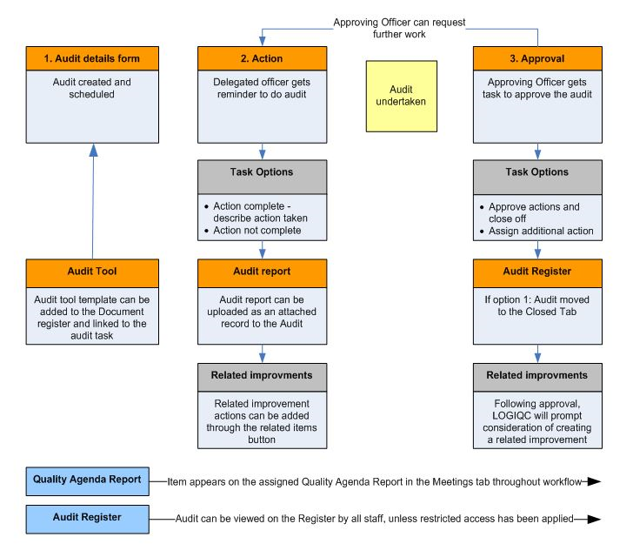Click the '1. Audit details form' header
point(92,58)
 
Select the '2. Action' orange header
point(263,58)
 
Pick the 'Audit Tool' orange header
point(92,270)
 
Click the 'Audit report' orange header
point(263,270)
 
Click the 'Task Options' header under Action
point(263,171)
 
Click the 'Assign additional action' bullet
point(540,231)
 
